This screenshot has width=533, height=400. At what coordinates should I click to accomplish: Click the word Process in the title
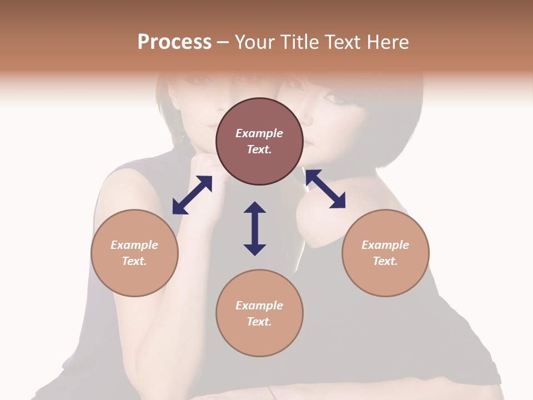(174, 42)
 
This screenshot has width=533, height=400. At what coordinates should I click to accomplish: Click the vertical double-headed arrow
(255, 228)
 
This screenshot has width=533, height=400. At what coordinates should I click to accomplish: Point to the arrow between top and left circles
(192, 195)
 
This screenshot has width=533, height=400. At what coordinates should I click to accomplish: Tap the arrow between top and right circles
(325, 189)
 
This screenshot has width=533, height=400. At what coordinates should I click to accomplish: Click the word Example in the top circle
(259, 133)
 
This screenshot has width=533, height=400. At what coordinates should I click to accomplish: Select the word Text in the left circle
(134, 261)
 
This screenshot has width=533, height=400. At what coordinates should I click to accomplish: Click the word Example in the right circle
(385, 245)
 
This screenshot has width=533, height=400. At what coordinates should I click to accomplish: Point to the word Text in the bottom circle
(259, 322)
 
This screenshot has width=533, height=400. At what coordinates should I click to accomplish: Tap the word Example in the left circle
(134, 245)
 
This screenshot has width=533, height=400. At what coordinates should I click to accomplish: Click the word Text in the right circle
(385, 261)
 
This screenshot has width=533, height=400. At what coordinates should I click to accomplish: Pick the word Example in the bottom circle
(259, 306)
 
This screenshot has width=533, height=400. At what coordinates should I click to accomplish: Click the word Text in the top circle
(259, 149)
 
